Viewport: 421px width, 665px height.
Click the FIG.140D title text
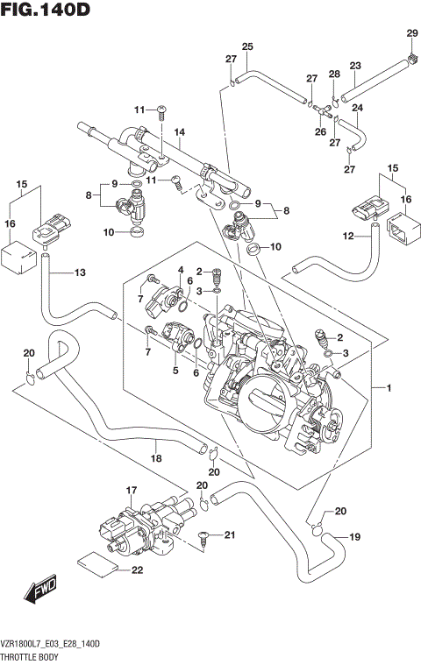45,11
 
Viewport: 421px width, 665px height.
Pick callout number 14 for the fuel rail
179,133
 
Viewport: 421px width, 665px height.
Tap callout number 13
80,273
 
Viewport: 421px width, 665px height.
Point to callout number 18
156,457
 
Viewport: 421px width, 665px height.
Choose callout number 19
355,537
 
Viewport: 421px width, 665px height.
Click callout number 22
136,571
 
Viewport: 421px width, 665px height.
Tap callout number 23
355,66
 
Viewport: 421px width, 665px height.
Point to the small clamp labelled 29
410,60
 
